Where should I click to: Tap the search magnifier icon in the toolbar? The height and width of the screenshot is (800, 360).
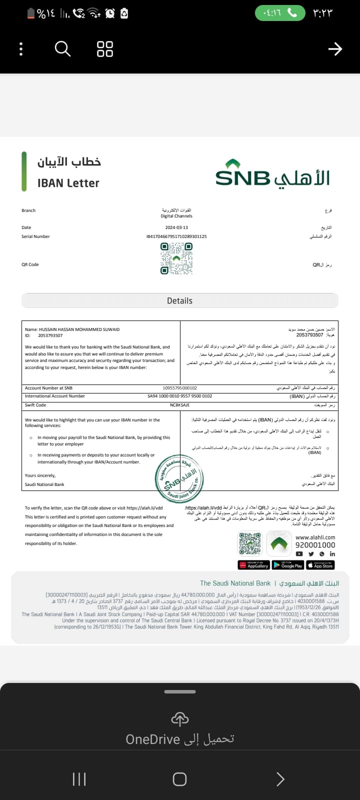point(62,49)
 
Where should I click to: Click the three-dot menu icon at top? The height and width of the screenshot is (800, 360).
point(20,49)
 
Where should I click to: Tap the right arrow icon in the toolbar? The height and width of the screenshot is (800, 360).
point(335,48)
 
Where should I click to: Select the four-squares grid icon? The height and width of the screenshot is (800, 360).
point(105,49)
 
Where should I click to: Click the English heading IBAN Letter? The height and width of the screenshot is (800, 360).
point(68,183)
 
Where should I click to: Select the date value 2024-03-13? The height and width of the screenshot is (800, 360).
point(176,227)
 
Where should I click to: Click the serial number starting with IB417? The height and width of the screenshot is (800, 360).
point(176,236)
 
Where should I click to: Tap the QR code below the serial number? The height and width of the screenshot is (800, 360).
point(176,258)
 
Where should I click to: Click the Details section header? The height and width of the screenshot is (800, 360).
point(179,300)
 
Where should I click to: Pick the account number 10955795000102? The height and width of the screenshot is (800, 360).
point(180,388)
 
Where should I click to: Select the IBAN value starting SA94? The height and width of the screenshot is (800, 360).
point(179,396)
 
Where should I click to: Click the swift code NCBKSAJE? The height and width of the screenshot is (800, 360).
point(179,405)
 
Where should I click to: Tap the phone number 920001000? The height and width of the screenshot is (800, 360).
point(315,545)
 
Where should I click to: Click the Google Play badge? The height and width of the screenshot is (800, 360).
point(288,565)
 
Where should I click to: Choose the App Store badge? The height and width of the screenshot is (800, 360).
point(320,565)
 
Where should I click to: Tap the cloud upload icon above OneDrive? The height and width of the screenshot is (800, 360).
point(180,719)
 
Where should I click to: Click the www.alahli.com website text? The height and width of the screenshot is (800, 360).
point(315,537)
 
